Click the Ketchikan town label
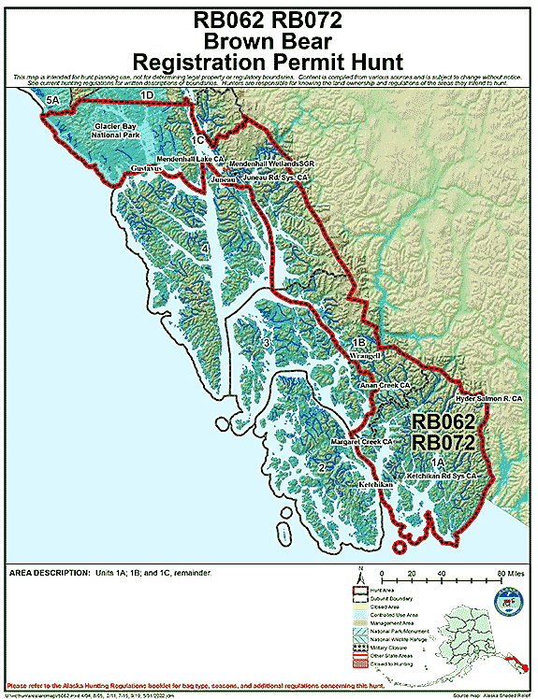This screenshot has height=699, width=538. (x=377, y=486)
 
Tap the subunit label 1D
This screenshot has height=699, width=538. (x=146, y=95)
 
